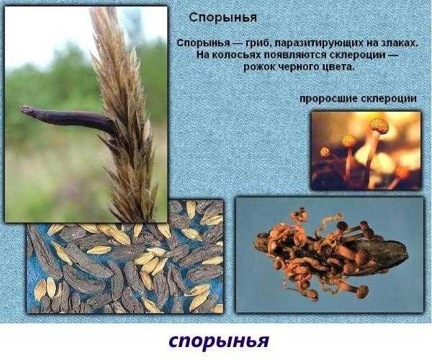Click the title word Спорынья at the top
tap(223, 18)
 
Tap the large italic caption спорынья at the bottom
tap(219, 341)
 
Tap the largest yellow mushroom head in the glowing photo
tap(379, 125)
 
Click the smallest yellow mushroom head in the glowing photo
tap(325, 152)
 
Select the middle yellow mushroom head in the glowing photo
tap(348, 140)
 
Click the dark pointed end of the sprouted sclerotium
tap(405, 254)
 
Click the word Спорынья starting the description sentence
tap(203, 43)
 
